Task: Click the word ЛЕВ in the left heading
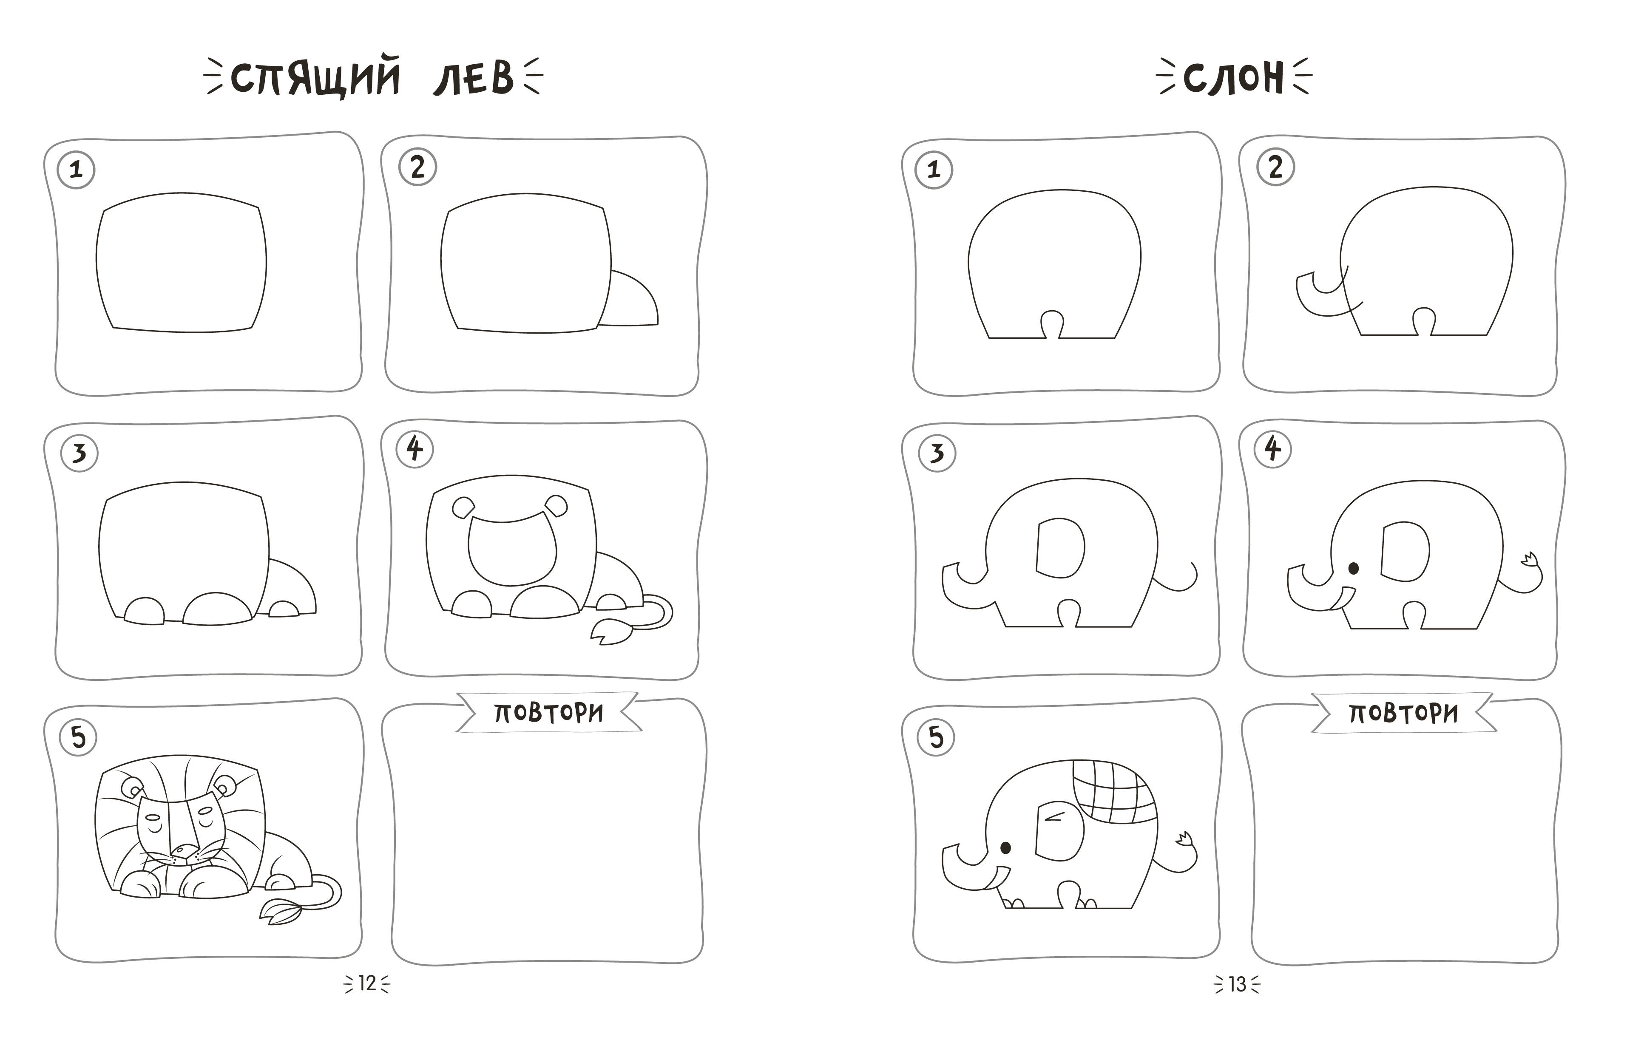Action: pyautogui.click(x=473, y=77)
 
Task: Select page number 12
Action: pyautogui.click(x=367, y=983)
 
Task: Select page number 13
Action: pyautogui.click(x=1237, y=983)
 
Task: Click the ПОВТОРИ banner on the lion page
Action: pyautogui.click(x=549, y=712)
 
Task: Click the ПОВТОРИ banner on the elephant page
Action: pyautogui.click(x=1403, y=713)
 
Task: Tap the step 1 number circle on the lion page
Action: pyautogui.click(x=76, y=170)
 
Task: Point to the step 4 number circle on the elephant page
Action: pyautogui.click(x=1272, y=449)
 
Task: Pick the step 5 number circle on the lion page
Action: pyautogui.click(x=79, y=737)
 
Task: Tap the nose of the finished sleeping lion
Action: pyautogui.click(x=183, y=850)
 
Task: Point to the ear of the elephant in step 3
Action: pyautogui.click(x=1060, y=547)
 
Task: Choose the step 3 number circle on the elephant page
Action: pyautogui.click(x=937, y=453)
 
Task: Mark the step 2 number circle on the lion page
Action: pyautogui.click(x=417, y=167)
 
